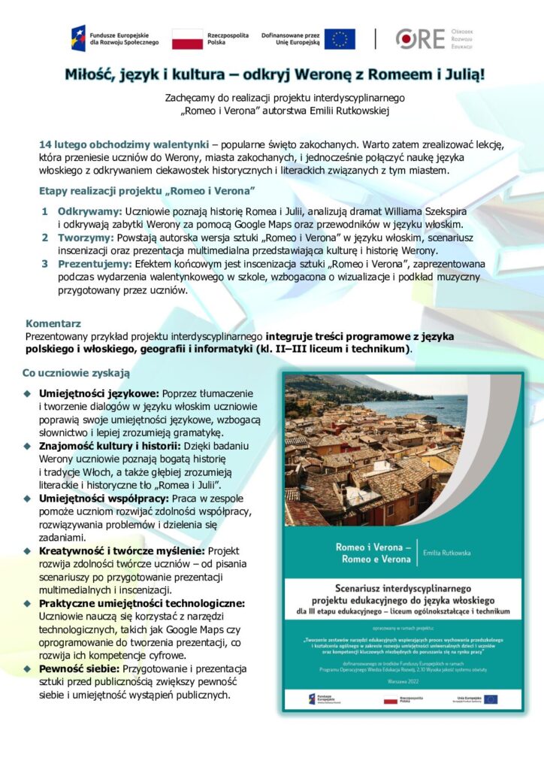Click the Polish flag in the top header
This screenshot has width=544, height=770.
point(187,39)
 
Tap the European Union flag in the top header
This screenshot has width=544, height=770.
point(340,39)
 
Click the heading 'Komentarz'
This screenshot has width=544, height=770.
point(53,322)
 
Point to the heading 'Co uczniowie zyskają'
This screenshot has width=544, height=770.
point(76,372)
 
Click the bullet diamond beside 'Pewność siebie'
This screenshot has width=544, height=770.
point(27,668)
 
